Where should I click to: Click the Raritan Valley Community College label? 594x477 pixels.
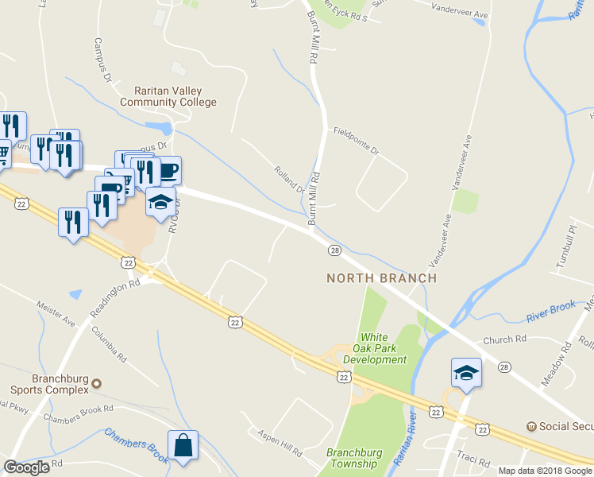point(168,97)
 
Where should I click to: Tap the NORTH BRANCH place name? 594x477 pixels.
point(382,278)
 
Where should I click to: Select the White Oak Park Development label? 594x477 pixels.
point(374,349)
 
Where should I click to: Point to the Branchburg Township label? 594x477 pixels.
point(354,459)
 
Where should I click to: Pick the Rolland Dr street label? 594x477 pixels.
point(290,180)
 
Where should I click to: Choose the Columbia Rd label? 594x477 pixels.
point(109,344)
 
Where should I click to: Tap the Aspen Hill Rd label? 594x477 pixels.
point(279,444)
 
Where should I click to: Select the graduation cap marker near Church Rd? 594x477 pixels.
point(466,372)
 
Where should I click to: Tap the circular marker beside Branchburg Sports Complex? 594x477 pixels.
point(96,384)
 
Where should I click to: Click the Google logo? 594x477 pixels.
point(26,467)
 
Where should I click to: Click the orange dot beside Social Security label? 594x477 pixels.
point(530,426)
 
